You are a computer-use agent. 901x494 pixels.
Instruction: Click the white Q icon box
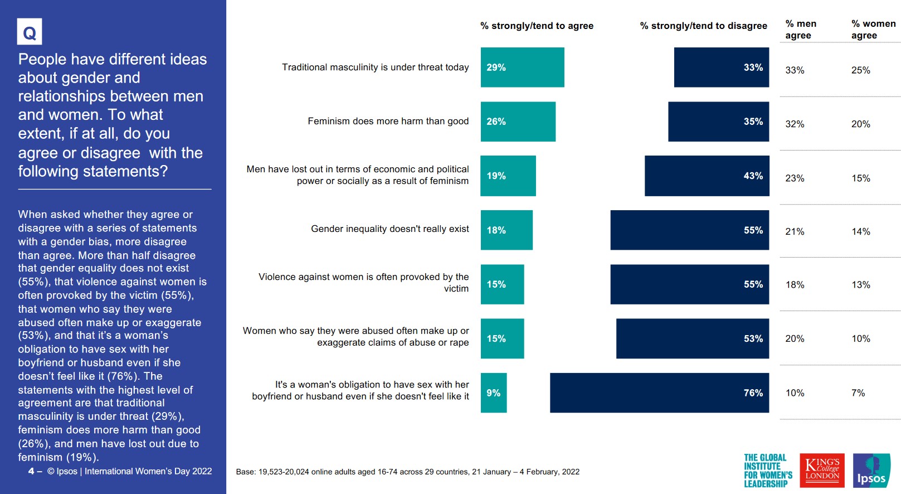(x=30, y=32)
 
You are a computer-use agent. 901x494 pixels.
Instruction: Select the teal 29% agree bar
(x=522, y=67)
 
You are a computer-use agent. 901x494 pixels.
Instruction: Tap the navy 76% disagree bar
(x=659, y=393)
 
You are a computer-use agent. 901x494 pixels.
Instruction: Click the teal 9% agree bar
(x=494, y=393)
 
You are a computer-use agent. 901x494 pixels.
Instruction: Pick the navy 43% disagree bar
(x=707, y=176)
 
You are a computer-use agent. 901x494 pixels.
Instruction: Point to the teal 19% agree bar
(x=508, y=176)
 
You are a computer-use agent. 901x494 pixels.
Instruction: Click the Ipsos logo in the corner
(x=871, y=471)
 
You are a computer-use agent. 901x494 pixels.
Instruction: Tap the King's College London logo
(x=822, y=471)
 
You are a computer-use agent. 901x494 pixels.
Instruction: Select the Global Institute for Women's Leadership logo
(x=768, y=471)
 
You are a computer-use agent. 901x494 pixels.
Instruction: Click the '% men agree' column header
(x=801, y=30)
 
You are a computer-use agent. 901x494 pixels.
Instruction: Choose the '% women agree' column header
(x=873, y=30)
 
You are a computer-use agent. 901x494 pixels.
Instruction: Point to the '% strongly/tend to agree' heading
(x=537, y=26)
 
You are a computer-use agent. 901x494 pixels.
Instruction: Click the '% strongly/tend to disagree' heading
(x=703, y=26)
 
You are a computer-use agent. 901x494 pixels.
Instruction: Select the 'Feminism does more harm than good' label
(x=388, y=122)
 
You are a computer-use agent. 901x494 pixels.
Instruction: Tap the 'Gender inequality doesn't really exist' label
(x=389, y=229)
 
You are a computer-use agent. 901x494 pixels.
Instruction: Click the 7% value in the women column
(x=858, y=393)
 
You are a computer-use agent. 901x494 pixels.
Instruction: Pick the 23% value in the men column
(x=795, y=178)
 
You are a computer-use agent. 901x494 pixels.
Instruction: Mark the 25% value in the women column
(x=860, y=70)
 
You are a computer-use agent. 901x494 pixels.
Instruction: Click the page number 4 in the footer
(x=31, y=472)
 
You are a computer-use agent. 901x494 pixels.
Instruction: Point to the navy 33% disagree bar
(x=721, y=67)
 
